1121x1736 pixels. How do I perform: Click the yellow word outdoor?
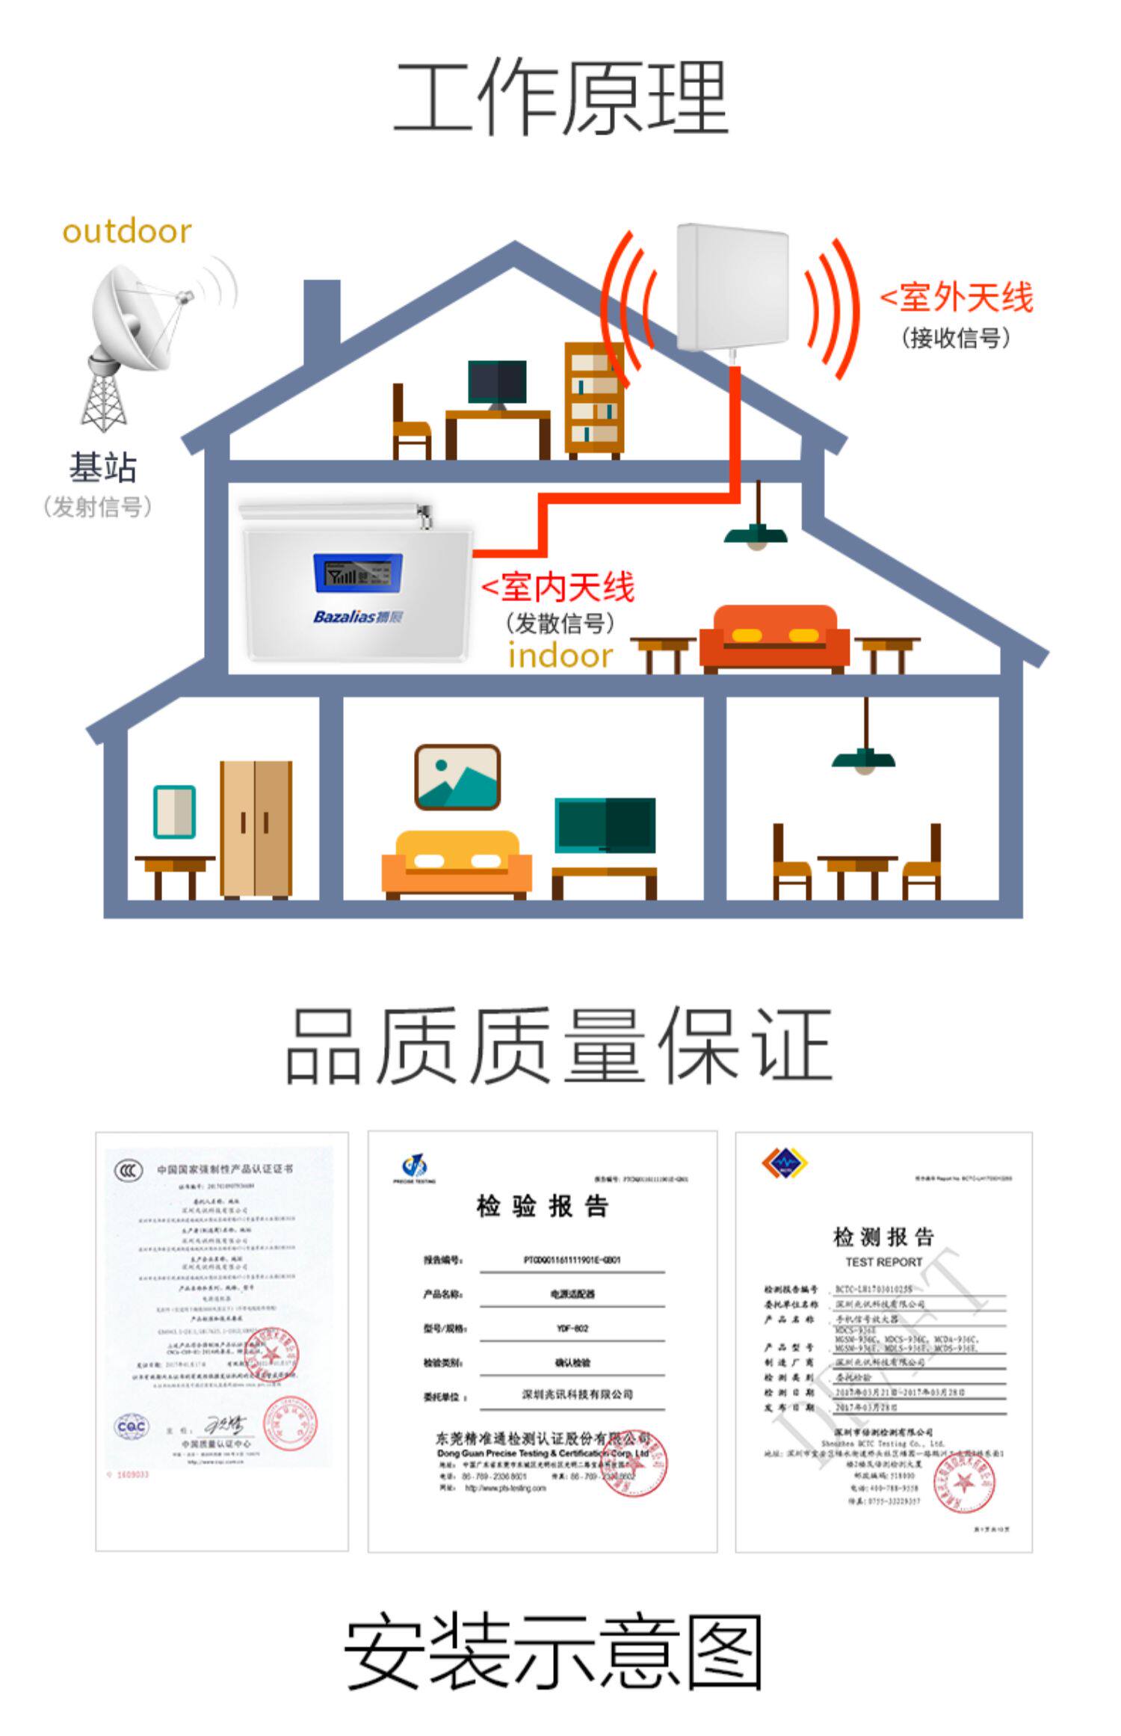127,232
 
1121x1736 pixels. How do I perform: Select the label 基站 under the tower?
103,468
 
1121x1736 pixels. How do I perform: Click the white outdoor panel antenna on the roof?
732,288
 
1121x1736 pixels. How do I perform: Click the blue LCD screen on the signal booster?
358,575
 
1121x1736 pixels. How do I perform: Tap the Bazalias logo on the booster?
358,617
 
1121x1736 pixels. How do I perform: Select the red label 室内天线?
559,587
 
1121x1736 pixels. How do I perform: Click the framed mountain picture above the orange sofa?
457,778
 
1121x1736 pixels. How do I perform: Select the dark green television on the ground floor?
605,825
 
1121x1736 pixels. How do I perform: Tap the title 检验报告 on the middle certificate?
543,1206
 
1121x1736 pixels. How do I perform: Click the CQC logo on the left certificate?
132,1426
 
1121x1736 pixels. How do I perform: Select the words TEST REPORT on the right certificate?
883,1262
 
